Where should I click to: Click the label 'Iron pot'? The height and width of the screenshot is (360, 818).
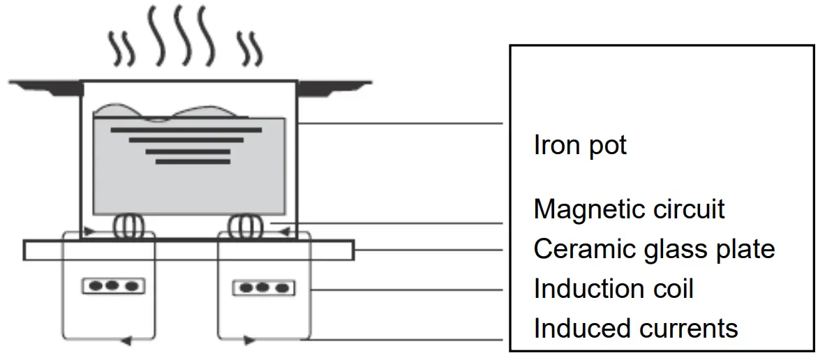click(580, 146)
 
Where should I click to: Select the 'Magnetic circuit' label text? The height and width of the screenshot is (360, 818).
click(629, 209)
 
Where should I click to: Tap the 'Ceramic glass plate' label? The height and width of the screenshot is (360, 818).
click(654, 249)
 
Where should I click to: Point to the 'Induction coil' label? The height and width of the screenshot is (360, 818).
click(613, 289)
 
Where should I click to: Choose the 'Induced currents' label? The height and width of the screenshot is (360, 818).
click(635, 328)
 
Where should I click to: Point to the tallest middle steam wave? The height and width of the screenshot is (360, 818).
click(183, 35)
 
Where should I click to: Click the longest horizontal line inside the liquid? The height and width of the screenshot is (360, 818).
click(186, 130)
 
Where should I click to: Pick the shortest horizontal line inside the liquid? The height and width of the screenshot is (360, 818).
click(192, 162)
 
